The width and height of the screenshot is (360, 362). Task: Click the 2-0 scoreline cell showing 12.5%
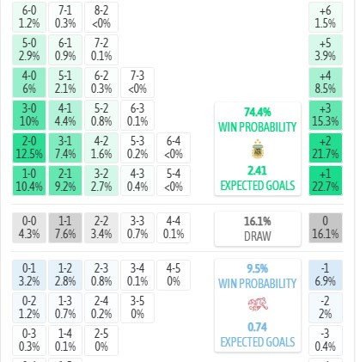(x=29, y=148)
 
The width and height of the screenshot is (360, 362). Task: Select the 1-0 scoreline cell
(x=29, y=181)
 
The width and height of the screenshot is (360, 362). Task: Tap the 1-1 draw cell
(x=65, y=228)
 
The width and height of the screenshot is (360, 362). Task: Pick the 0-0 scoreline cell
(x=29, y=228)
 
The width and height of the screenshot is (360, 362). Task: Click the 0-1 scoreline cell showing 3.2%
(x=29, y=275)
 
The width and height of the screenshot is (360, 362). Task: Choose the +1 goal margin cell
(x=326, y=181)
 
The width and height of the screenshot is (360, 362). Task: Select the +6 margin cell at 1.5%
(x=326, y=17)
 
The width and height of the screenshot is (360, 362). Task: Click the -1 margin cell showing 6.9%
(x=326, y=275)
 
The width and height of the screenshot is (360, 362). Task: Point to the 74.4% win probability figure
(x=258, y=112)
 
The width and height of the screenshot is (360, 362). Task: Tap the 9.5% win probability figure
(x=258, y=269)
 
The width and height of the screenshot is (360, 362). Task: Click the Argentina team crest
(x=258, y=149)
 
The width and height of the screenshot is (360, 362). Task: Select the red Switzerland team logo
(x=258, y=304)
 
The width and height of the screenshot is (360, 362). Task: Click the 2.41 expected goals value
(x=258, y=171)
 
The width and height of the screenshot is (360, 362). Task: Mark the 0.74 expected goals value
(x=258, y=328)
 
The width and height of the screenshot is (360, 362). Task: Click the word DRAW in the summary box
(x=258, y=236)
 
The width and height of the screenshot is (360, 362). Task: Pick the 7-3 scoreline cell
(x=137, y=83)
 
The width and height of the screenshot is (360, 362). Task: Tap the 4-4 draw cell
(x=174, y=228)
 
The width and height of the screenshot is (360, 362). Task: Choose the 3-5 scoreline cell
(x=137, y=308)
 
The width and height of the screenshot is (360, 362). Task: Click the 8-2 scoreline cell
(x=101, y=17)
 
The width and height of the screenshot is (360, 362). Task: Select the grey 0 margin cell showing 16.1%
(x=326, y=228)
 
